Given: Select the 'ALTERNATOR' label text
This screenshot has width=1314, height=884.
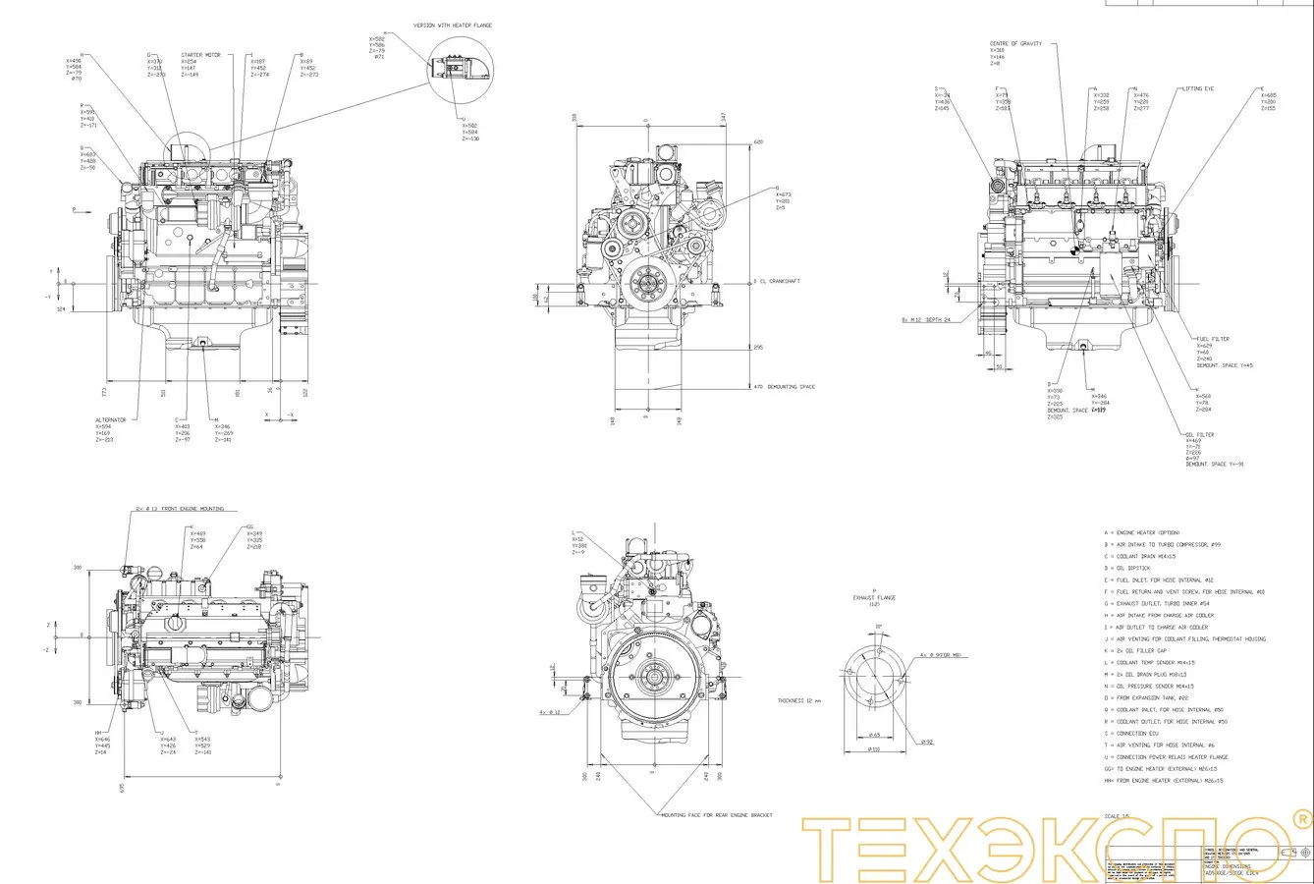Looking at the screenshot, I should pyautogui.click(x=111, y=419).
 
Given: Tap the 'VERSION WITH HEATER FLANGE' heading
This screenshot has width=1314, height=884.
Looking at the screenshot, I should pyautogui.click(x=453, y=24).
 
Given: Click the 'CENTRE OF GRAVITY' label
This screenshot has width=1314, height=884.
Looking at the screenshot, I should pyautogui.click(x=1015, y=43).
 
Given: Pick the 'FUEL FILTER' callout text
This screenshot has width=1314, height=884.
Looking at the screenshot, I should pyautogui.click(x=1212, y=339).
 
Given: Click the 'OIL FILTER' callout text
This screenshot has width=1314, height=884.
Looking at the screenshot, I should pyautogui.click(x=1199, y=434).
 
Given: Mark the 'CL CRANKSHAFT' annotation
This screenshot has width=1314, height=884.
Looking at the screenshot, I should pyautogui.click(x=779, y=281).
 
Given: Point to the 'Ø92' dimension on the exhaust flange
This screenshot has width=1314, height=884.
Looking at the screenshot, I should pyautogui.click(x=927, y=742).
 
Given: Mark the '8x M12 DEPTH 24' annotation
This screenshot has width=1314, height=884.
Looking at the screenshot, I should pyautogui.click(x=928, y=319).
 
